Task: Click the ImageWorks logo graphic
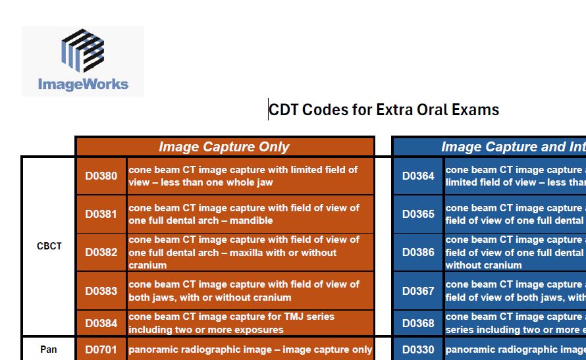pos(83,51)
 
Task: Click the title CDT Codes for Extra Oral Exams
pos(384,109)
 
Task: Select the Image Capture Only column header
pos(225,147)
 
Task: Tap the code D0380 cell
pos(101,176)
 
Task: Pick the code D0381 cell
pos(101,214)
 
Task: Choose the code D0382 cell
pos(101,252)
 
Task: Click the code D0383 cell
pos(101,291)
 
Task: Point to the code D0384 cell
pos(101,323)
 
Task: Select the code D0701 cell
pos(101,349)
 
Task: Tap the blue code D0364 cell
pos(418,176)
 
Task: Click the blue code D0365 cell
pos(418,214)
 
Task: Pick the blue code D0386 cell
pos(418,252)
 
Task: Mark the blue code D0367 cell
pos(418,291)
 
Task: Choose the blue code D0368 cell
pos(418,323)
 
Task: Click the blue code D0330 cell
pos(418,349)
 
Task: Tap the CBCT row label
pos(49,246)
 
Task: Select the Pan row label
pos(49,349)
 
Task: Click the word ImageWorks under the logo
pos(83,84)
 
